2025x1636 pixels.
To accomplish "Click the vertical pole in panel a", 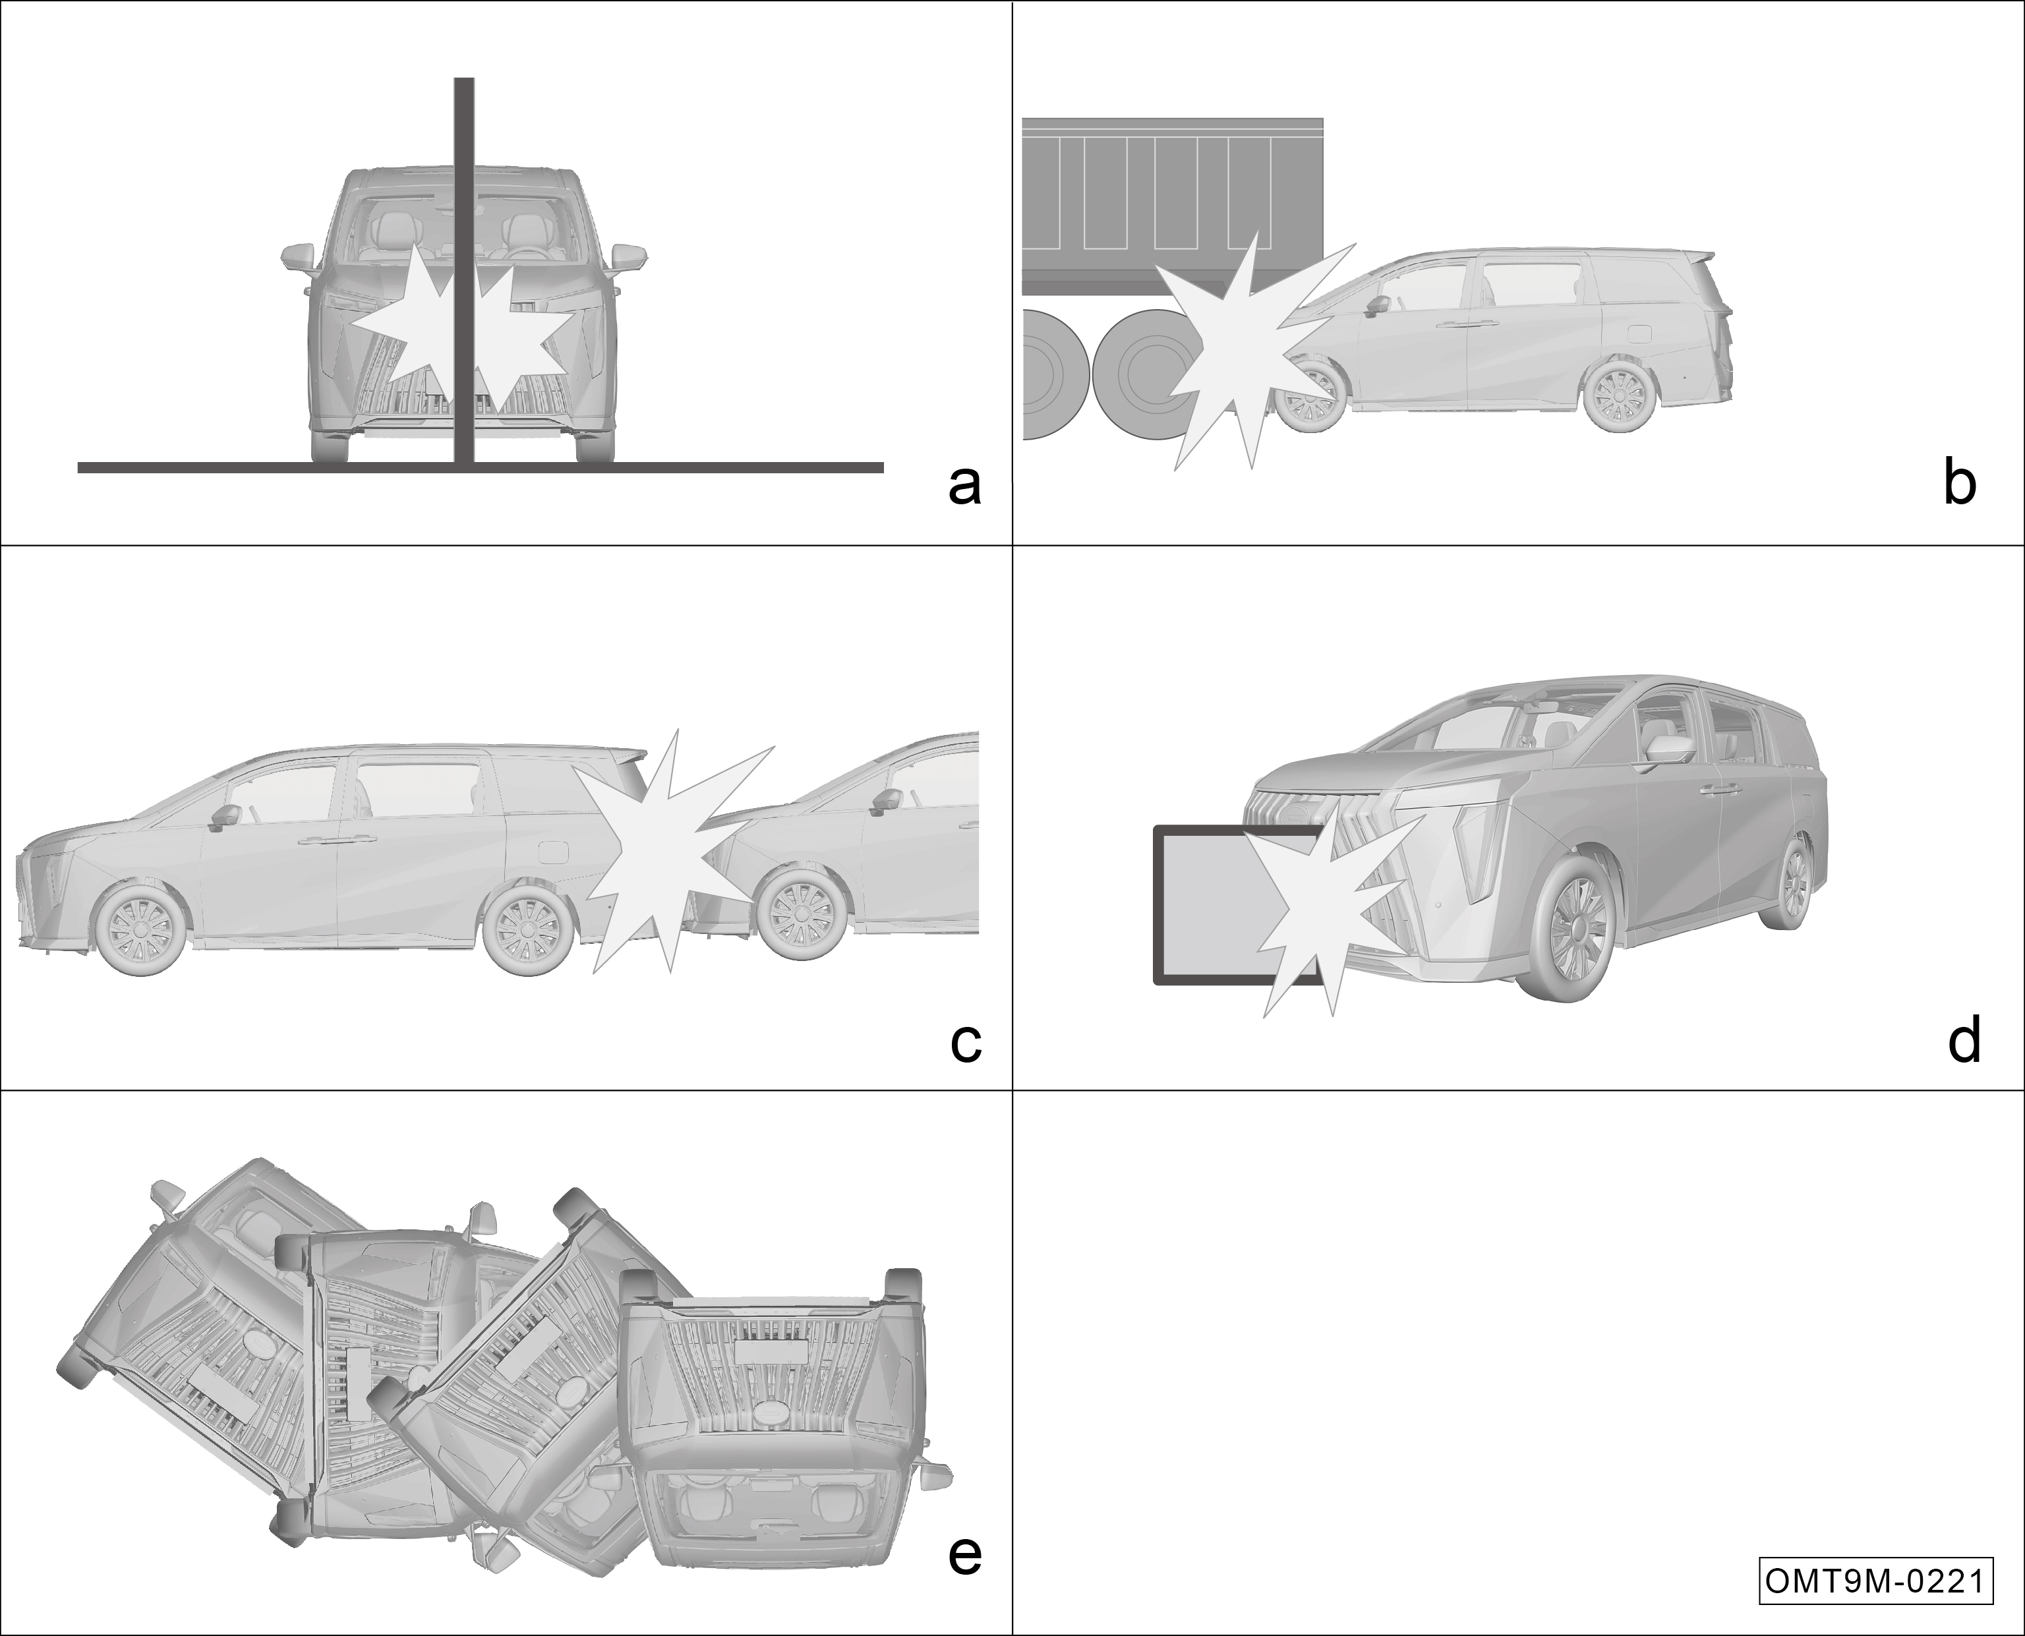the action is click(463, 270).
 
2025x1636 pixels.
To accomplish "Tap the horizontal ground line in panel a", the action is click(481, 467).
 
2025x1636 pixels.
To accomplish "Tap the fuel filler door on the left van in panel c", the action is click(550, 850).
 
